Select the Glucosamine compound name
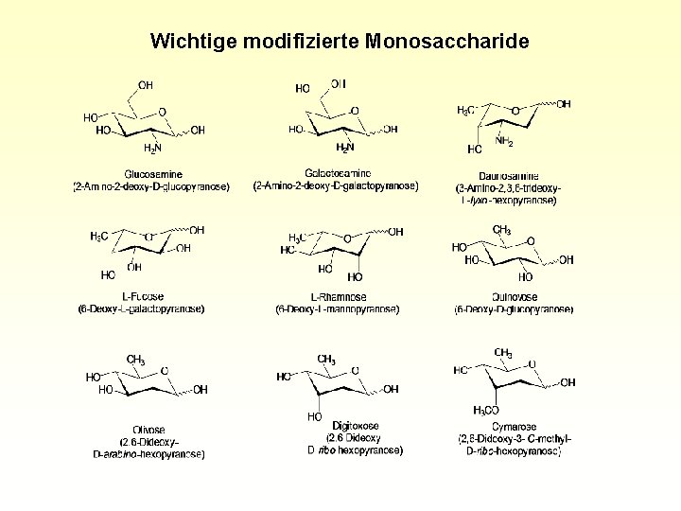point(152,174)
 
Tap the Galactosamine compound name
point(337,173)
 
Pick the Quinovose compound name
point(514,297)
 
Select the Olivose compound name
point(148,431)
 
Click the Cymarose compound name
point(514,427)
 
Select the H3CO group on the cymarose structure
point(485,410)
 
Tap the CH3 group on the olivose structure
point(135,360)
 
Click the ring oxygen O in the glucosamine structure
point(163,112)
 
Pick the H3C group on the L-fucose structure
point(98,236)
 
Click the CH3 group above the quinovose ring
point(502,230)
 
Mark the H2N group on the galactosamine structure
point(345,148)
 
